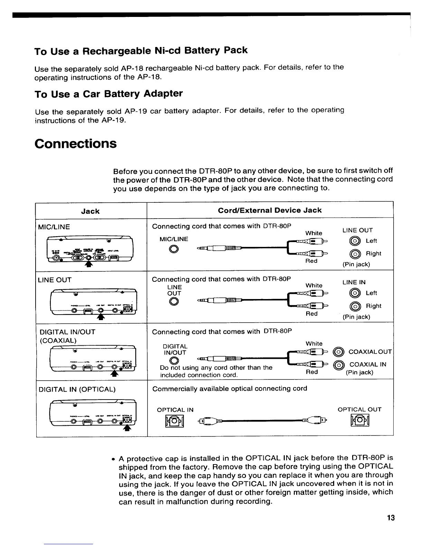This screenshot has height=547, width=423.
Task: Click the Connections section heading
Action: click(76, 144)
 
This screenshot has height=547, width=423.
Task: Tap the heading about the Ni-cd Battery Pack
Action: click(141, 51)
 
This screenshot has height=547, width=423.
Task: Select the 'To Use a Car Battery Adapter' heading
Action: click(109, 94)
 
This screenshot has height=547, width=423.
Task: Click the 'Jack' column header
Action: click(90, 211)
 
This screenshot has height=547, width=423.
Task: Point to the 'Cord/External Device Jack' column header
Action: click(270, 210)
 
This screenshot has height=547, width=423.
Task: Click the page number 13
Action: click(391, 518)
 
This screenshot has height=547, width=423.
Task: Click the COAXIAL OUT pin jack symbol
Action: click(339, 352)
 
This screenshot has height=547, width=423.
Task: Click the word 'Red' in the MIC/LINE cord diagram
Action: click(311, 261)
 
